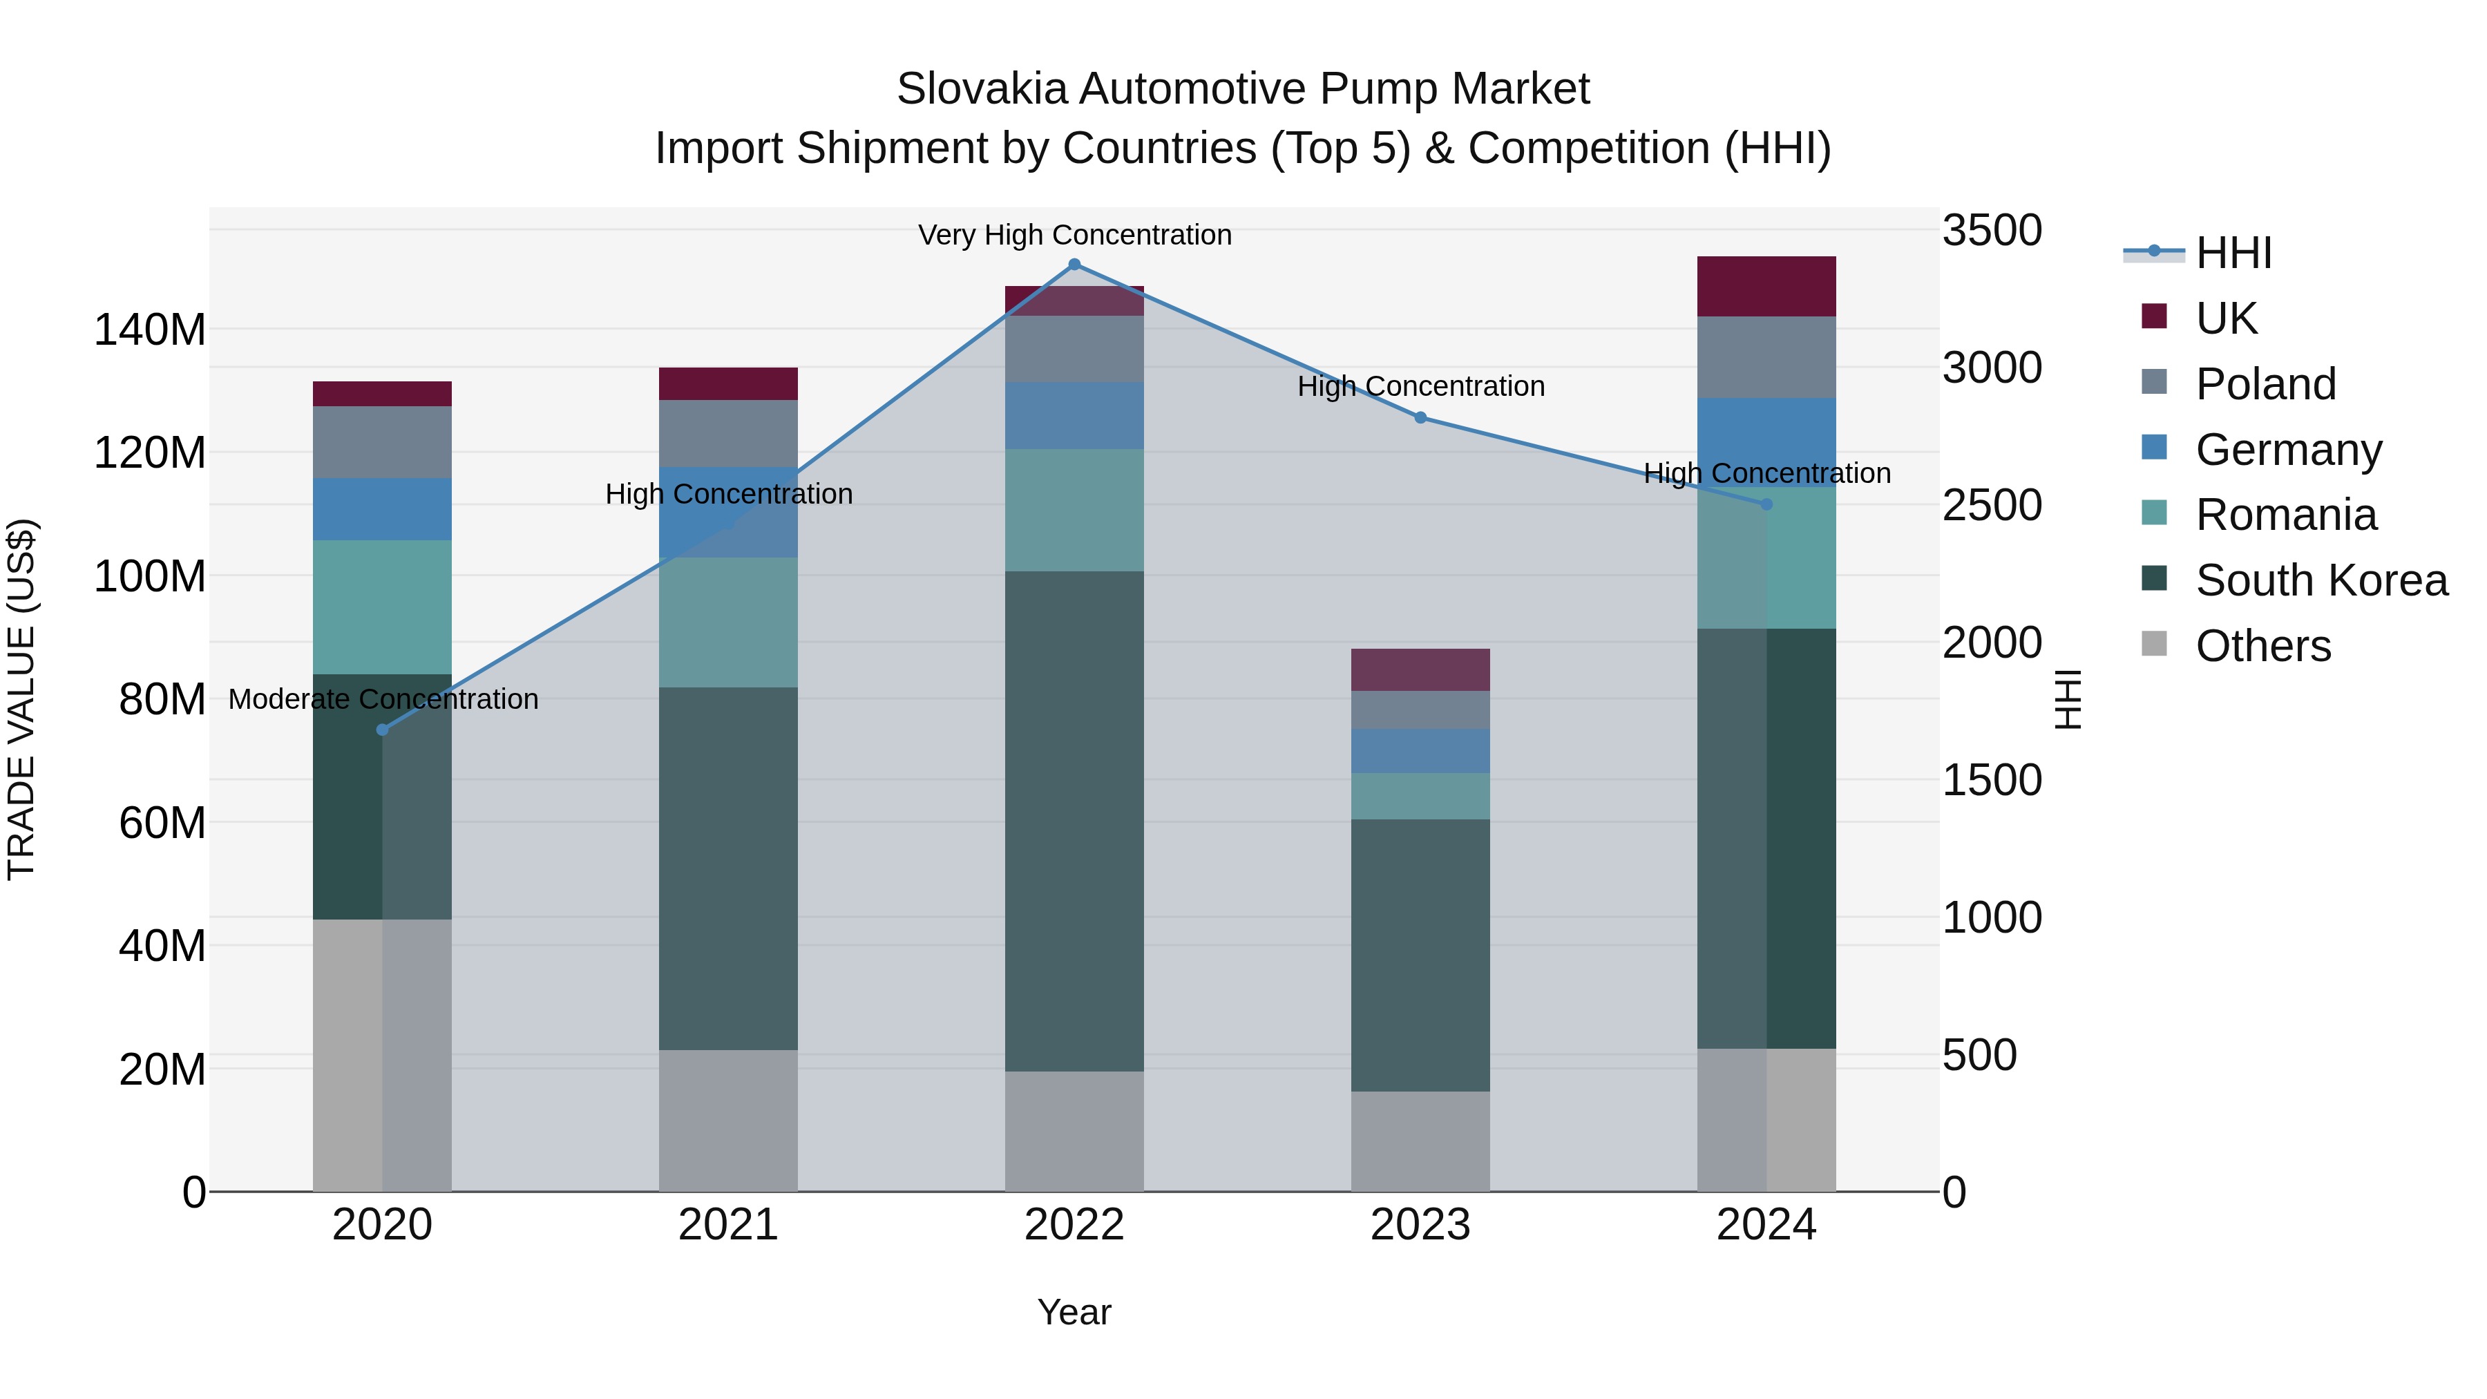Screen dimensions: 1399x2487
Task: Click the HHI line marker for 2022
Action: [x=1074, y=265]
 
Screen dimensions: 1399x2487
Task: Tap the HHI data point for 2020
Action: [x=382, y=730]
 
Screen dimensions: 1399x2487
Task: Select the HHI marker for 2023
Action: [x=1420, y=418]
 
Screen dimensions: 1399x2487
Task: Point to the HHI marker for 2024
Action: [x=1766, y=504]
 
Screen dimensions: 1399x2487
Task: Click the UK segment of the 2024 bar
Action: [x=1766, y=287]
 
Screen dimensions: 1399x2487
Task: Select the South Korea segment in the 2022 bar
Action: [x=1074, y=821]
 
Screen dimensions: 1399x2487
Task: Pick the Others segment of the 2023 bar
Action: [x=1420, y=1141]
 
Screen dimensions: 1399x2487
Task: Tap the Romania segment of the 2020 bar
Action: [x=382, y=607]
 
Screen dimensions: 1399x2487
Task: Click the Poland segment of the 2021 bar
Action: [x=728, y=432]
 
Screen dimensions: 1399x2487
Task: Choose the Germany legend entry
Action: [x=2288, y=450]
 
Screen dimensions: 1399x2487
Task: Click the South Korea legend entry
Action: [x=2321, y=580]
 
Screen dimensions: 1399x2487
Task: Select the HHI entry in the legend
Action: [x=2233, y=253]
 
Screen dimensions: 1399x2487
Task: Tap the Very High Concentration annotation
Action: [x=1074, y=235]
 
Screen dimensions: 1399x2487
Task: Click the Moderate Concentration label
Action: [x=383, y=699]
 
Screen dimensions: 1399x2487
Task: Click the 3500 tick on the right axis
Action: [x=1991, y=231]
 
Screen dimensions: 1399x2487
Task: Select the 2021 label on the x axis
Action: [x=728, y=1225]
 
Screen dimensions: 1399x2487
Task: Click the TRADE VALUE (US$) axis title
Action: [x=21, y=699]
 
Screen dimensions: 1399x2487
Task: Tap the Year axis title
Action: [x=1074, y=1312]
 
